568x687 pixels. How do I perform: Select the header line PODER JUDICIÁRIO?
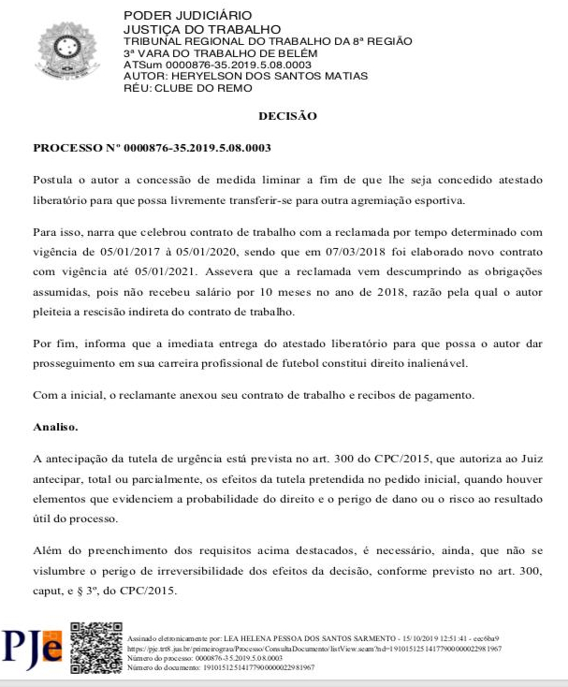[174, 16]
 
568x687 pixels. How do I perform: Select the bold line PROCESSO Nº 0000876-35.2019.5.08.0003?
[152, 148]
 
